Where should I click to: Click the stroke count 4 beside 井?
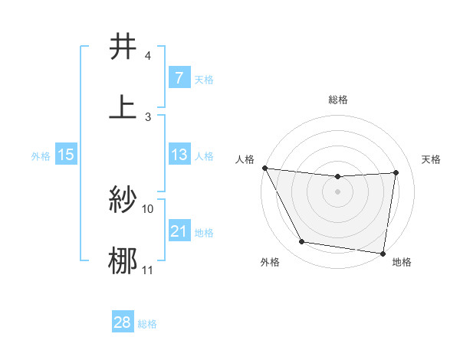coord(148,57)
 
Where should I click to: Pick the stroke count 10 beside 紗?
coord(148,208)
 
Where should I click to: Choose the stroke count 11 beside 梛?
coord(148,270)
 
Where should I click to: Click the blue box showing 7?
coord(179,78)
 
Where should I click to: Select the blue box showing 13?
coord(179,155)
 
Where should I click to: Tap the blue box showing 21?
coord(179,231)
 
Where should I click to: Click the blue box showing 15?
coord(65,155)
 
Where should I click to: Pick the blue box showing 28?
coord(122,322)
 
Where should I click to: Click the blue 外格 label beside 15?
coord(41,155)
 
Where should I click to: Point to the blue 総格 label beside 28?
coord(147,323)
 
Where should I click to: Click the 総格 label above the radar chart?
coord(338,100)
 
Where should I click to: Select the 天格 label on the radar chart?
coord(432,159)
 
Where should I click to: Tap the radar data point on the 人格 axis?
coord(265,168)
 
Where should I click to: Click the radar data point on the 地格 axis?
coord(383,253)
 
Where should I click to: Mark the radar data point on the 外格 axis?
coord(302,243)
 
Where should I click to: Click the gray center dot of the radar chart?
coord(338,191)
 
